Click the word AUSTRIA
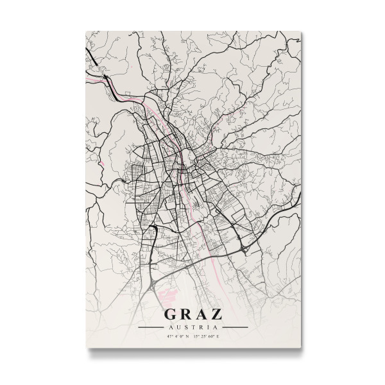tap(193, 327)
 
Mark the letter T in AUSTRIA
tap(194, 327)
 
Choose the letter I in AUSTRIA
tap(206, 327)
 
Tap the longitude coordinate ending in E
tap(207, 336)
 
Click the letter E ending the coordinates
tap(219, 336)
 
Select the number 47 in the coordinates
tap(168, 336)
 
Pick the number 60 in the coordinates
tap(212, 336)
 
